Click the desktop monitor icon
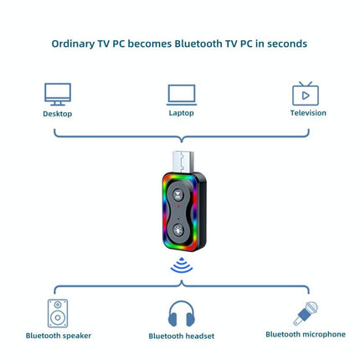coord(58,93)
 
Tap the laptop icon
coord(181,93)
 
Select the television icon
coord(306,93)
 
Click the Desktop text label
coord(58,114)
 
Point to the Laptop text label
coord(181,113)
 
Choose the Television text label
coord(308,113)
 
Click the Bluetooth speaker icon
coord(59,312)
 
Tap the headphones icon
coord(182,314)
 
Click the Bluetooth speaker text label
coord(59,336)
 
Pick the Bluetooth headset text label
coord(182,336)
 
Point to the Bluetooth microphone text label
coord(306,334)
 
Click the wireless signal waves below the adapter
coord(181,265)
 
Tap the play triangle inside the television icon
coord(306,95)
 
